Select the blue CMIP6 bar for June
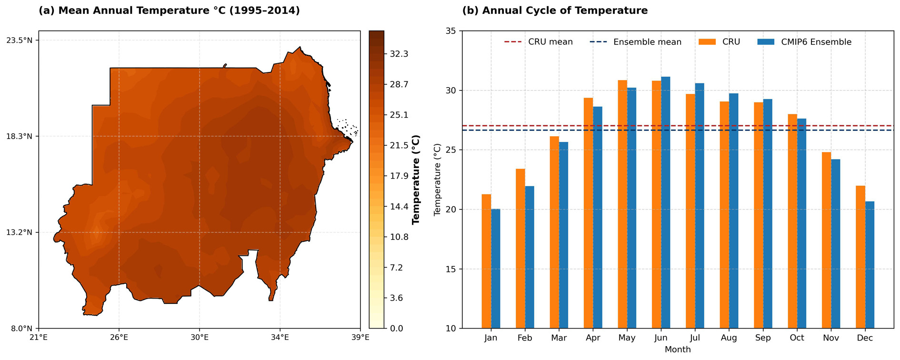665,202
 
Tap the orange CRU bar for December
860,257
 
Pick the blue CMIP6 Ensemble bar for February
529,257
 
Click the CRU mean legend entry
539,42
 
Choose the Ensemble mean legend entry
635,42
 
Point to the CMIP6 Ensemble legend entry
804,42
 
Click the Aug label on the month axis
729,338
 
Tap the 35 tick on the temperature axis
450,31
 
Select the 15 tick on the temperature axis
450,269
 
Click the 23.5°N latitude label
19,40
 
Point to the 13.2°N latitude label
19,232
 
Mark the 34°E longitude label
280,338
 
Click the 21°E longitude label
39,338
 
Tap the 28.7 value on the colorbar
399,84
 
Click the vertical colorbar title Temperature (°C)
416,180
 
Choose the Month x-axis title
678,350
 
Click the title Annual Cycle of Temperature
555,10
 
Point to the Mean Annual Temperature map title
169,10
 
